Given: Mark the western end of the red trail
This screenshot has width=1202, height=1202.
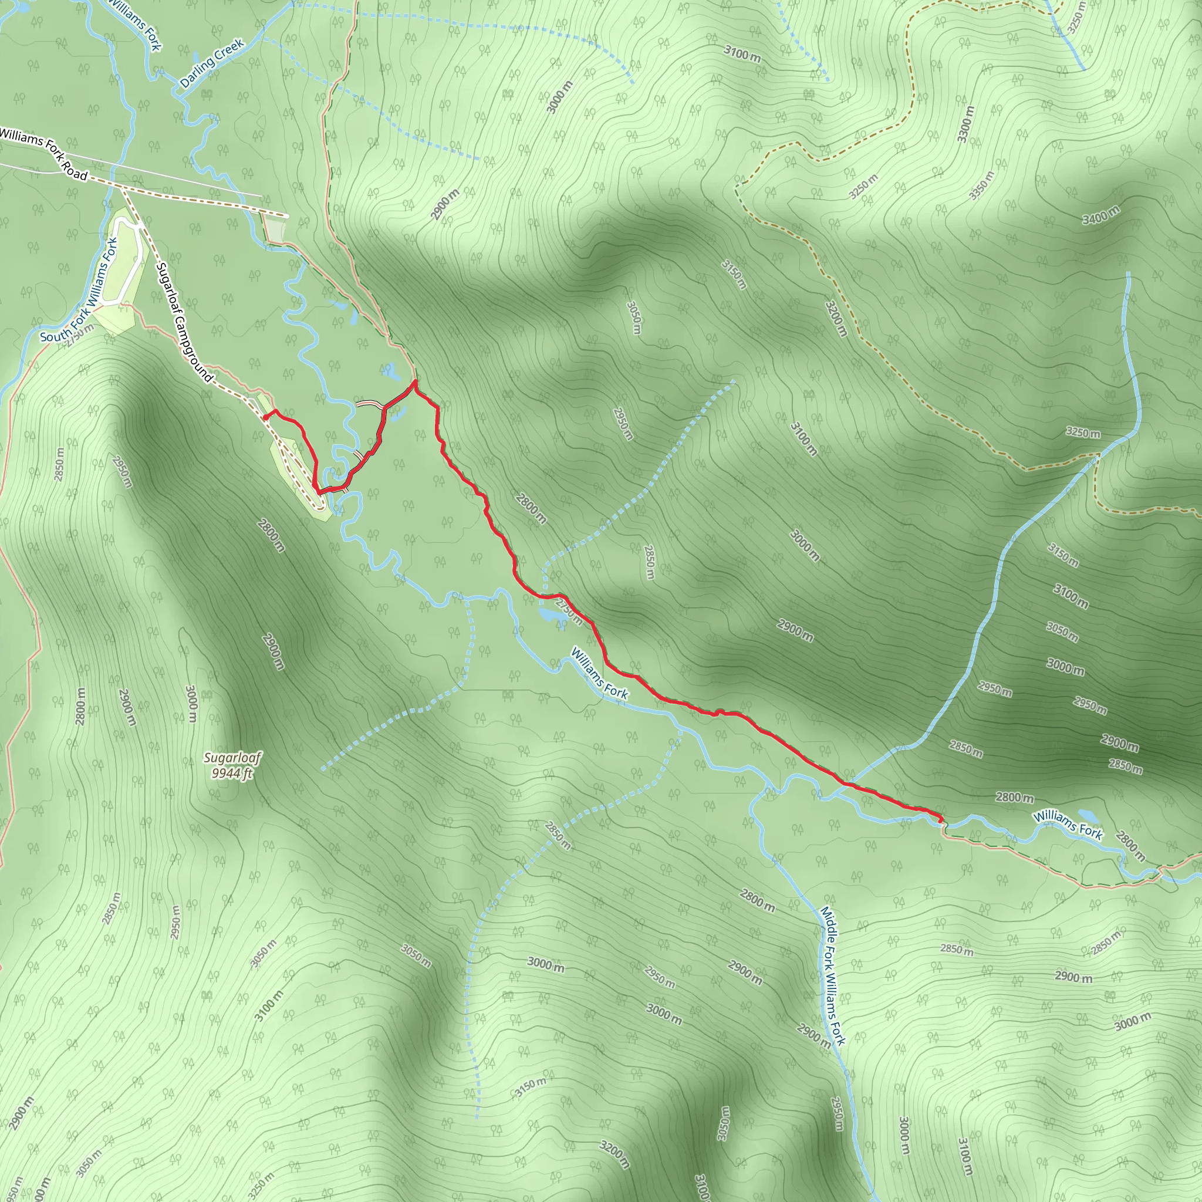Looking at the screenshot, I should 266,418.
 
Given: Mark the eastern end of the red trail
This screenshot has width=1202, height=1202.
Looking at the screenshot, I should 940,822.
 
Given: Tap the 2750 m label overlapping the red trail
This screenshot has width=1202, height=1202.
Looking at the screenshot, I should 570,612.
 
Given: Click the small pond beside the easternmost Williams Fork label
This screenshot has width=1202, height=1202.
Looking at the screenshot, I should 1088,815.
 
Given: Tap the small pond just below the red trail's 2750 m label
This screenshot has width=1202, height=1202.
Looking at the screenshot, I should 549,615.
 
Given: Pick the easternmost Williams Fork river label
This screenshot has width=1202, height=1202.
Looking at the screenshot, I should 1068,825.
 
